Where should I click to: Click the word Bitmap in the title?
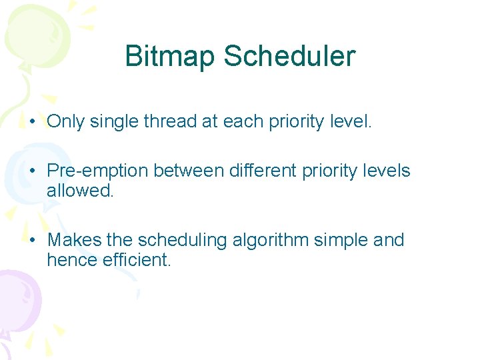click(171, 57)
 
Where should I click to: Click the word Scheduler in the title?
click(289, 57)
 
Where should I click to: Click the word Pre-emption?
click(97, 171)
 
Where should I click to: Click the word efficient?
click(137, 260)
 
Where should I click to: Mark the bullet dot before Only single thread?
click(33, 122)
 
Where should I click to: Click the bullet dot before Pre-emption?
click(33, 171)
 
